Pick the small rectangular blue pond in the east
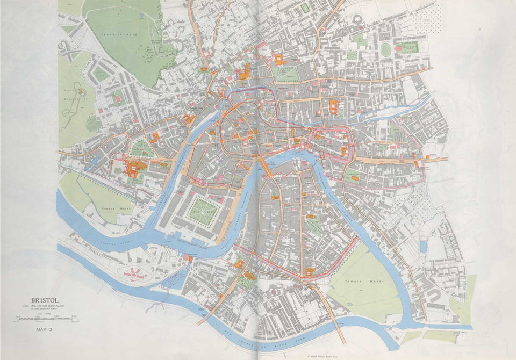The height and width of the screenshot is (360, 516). coord(423,247)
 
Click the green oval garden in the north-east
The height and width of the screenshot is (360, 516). coord(385,49)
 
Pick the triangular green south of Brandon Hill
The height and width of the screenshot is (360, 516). coord(140,148)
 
